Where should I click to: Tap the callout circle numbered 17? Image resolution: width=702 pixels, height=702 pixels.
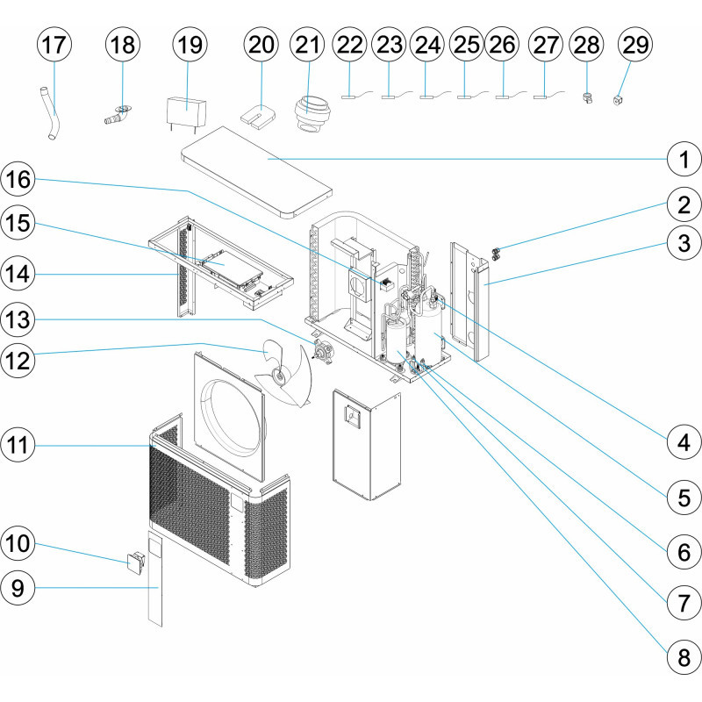pos(54,45)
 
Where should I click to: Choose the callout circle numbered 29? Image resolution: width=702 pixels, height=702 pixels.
pos(634,45)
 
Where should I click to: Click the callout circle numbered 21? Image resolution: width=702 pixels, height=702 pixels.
pos(306,45)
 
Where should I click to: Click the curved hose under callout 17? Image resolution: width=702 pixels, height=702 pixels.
pos(51,112)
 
